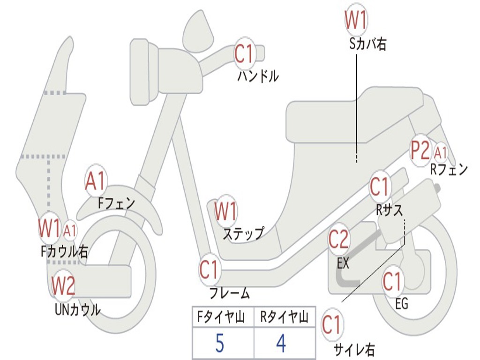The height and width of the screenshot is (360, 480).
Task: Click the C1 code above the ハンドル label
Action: point(243,54)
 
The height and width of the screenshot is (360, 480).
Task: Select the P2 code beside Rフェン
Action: point(420,151)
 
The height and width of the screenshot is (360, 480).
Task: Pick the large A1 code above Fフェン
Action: point(96,181)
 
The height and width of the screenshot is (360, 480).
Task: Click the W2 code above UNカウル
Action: point(63,285)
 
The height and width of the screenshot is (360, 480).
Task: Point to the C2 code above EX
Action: point(338,240)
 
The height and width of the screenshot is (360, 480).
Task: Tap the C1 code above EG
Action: point(392,282)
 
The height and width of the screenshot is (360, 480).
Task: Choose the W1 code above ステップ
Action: point(225,211)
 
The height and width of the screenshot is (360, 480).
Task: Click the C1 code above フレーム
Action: point(210,270)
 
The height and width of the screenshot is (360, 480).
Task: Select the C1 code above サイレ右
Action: point(332,325)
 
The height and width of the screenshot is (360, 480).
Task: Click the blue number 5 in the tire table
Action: point(219,344)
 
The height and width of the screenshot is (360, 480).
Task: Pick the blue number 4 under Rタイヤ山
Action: point(281,344)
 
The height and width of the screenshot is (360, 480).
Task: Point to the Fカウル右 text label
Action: point(64,252)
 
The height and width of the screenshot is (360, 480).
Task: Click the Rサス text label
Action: point(389,210)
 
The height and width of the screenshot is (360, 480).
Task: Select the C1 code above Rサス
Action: point(380,187)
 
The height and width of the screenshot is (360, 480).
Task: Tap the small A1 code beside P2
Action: point(441,152)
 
